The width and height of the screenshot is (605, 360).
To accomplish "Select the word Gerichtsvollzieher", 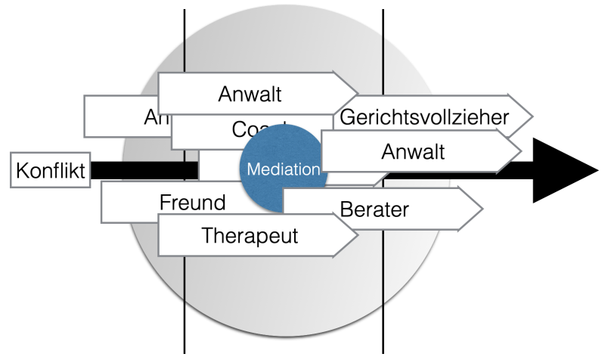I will [424, 116].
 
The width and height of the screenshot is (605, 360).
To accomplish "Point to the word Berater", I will [375, 209].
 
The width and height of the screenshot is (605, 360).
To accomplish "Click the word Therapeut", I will [250, 234].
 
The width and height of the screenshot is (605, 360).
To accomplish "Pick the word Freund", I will [192, 202].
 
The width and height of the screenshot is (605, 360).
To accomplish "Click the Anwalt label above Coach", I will [250, 95].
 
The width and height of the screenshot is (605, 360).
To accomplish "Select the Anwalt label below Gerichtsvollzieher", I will [413, 151].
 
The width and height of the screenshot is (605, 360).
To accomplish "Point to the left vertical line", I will [185, 303].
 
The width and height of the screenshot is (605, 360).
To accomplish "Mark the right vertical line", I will [383, 303].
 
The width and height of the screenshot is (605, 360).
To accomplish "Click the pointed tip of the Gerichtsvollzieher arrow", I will [532, 116].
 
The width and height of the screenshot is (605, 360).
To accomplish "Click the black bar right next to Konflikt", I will [144, 170].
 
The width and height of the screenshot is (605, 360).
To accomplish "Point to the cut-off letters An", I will [152, 117].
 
